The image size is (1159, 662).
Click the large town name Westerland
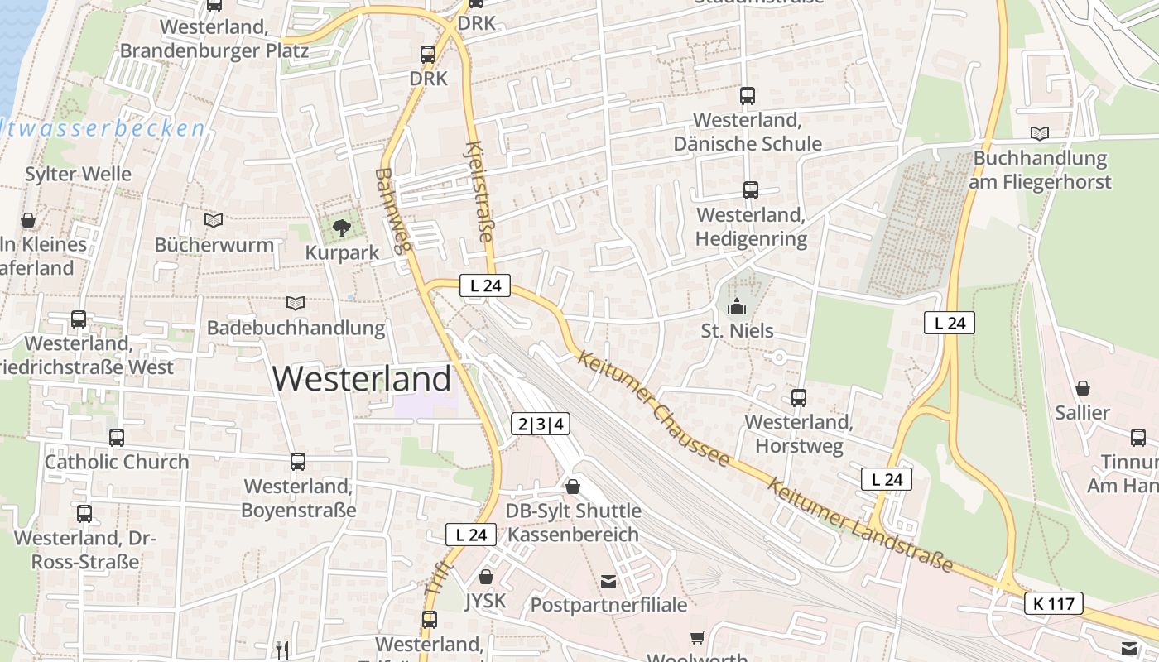(x=362, y=379)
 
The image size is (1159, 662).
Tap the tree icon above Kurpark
(x=341, y=228)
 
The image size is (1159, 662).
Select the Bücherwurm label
(x=214, y=245)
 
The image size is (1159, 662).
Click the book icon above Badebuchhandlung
(x=296, y=303)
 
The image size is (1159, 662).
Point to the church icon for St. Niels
(x=736, y=307)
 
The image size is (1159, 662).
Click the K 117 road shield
(x=1054, y=603)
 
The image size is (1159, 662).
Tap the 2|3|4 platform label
(x=541, y=425)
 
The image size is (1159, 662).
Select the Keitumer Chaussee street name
(x=654, y=407)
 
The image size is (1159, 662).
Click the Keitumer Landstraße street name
(x=860, y=525)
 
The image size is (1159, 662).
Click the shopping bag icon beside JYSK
(x=486, y=576)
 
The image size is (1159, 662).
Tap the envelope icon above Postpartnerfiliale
(x=608, y=582)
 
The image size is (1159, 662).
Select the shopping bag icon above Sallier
(x=1082, y=387)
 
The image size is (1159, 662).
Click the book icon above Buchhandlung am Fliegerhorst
(x=1040, y=133)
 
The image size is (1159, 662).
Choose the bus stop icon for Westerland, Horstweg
(x=799, y=398)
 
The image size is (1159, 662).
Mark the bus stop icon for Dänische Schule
(x=748, y=96)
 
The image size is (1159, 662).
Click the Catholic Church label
(x=117, y=462)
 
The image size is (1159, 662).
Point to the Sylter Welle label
(x=78, y=174)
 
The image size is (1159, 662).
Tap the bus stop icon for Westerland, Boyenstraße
(x=298, y=462)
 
